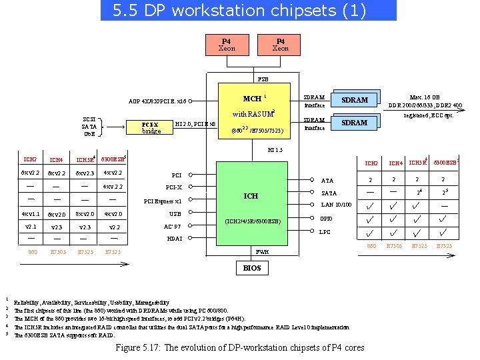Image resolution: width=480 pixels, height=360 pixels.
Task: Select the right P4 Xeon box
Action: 281,45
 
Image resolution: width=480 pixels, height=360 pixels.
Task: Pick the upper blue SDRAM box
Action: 354,100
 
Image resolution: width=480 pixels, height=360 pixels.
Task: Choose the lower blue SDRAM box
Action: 354,123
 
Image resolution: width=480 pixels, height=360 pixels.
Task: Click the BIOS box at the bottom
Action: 252,268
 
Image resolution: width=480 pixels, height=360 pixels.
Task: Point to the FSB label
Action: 263,77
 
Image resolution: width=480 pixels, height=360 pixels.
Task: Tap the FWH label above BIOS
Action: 263,252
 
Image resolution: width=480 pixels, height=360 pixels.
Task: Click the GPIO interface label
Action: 326,219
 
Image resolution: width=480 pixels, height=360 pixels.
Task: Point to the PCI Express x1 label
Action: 163,201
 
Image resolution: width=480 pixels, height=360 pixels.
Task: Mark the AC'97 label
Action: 172,226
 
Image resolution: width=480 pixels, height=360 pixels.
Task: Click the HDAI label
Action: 174,239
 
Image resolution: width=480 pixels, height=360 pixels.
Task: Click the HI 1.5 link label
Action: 275,149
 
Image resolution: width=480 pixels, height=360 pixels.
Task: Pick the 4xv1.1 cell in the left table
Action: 31,214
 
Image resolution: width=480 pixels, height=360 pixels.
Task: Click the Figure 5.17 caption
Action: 240,347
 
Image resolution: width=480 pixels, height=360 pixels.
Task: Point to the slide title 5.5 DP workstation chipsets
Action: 248,10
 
